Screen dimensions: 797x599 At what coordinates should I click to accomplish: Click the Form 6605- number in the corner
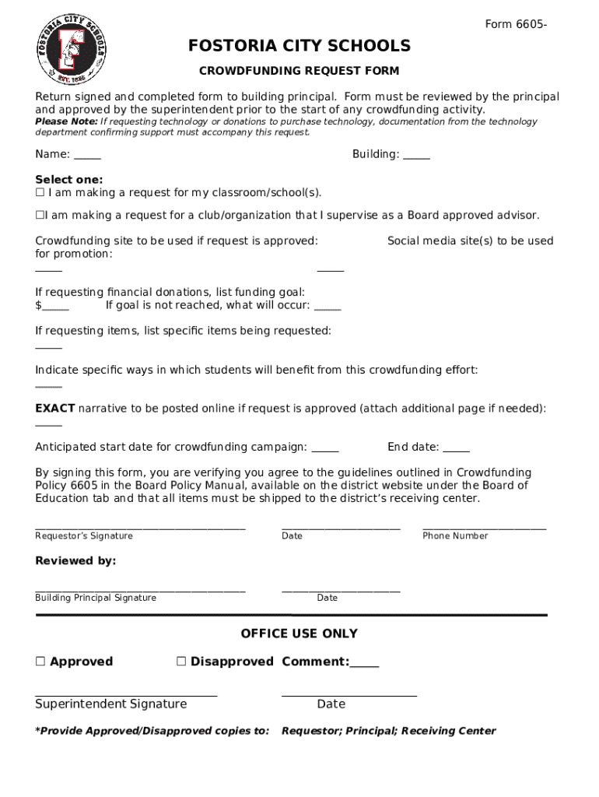point(516,25)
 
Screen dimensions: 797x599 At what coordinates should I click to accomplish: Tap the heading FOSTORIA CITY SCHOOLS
point(299,47)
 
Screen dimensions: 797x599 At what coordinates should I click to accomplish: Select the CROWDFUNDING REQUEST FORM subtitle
point(299,71)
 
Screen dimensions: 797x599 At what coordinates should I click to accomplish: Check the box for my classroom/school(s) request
point(40,192)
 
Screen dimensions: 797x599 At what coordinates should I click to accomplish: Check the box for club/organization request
point(40,216)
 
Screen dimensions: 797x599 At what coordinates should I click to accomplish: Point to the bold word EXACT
point(55,409)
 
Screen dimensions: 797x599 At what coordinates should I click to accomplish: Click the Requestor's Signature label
point(84,536)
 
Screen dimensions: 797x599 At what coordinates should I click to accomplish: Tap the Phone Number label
point(455,536)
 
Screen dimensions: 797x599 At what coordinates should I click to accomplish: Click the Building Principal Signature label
point(96,598)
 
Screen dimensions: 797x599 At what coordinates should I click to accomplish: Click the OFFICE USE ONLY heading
point(299,634)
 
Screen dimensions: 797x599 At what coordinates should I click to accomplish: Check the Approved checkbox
point(40,662)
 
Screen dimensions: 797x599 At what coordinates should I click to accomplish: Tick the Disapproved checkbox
point(181,662)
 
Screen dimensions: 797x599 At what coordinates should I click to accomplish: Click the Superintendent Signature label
point(111,704)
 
